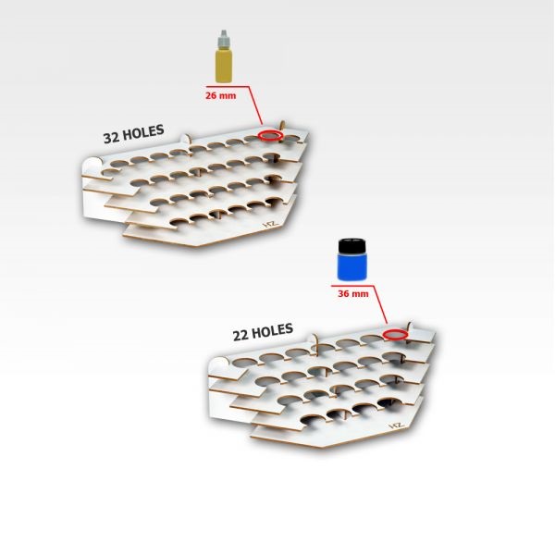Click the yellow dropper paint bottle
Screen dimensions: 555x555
224,56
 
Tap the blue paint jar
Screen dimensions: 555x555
351,260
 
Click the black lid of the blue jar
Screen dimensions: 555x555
351,246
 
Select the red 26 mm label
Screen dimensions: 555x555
220,95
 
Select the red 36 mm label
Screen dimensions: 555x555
353,294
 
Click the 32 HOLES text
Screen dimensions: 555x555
133,134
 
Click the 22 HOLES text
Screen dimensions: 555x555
263,332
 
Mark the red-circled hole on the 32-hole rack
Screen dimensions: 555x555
270,135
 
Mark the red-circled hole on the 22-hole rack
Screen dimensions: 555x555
395,334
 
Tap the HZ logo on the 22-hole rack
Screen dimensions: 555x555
396,425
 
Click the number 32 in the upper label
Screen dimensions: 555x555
112,138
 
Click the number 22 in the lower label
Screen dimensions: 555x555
240,336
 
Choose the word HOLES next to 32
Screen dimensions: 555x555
143,132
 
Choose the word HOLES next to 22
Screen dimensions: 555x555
273,330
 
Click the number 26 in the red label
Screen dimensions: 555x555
211,95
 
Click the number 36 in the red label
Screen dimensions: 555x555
343,294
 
